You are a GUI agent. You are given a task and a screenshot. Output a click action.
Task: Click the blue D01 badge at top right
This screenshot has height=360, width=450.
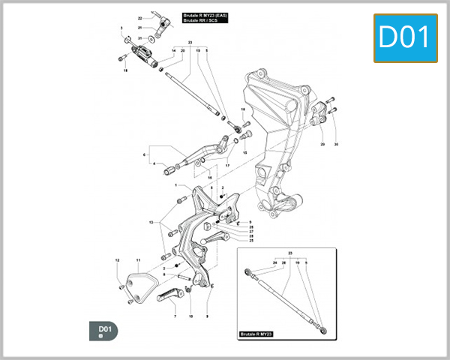coord(405,37)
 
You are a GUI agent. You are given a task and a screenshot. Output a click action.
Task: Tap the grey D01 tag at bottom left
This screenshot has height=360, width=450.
coord(104,330)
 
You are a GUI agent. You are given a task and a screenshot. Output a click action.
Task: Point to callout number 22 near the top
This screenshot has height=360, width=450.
coord(139,17)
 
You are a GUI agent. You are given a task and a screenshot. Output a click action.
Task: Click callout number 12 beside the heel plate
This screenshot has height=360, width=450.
coord(117,260)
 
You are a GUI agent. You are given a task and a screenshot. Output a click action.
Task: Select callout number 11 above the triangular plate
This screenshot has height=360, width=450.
coord(139,260)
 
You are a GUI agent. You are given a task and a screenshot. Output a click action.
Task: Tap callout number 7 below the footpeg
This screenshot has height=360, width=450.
coord(175,316)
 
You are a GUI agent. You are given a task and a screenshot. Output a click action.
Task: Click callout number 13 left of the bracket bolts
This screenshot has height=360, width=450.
coord(151,223)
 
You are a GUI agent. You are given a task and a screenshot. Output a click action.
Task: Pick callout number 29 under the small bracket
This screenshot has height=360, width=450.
coord(322,143)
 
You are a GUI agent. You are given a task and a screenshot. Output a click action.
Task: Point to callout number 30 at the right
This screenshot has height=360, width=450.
coord(337,143)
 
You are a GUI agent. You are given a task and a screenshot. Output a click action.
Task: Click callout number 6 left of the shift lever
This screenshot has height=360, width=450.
coord(144,155)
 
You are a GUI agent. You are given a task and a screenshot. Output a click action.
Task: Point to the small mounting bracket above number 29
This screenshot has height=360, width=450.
coord(319,112)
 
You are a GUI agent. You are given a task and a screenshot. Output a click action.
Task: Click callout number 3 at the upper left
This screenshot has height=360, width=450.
coord(121,28)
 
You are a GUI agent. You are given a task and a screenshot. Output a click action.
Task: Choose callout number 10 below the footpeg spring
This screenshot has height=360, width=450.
coord(190,316)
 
